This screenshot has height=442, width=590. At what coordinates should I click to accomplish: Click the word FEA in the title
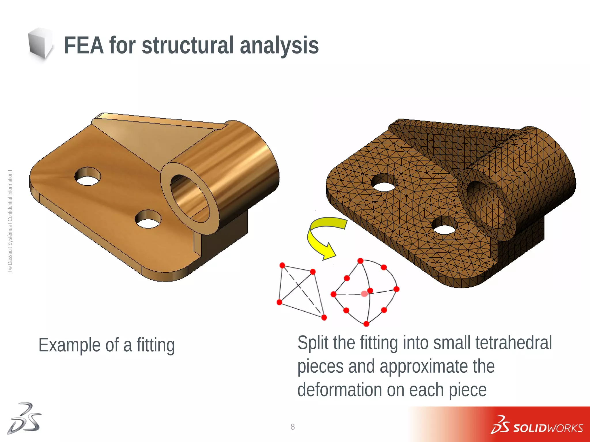point(84,45)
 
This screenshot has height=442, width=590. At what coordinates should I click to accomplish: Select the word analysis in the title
point(279,45)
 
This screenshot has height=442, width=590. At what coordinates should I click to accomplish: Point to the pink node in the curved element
point(364,294)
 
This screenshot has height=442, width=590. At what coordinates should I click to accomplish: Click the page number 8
point(293,427)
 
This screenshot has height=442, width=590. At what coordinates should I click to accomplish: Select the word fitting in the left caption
point(156,345)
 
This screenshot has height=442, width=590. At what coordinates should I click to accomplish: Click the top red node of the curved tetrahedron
point(360,261)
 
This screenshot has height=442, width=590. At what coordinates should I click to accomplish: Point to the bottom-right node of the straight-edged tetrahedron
point(324,317)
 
